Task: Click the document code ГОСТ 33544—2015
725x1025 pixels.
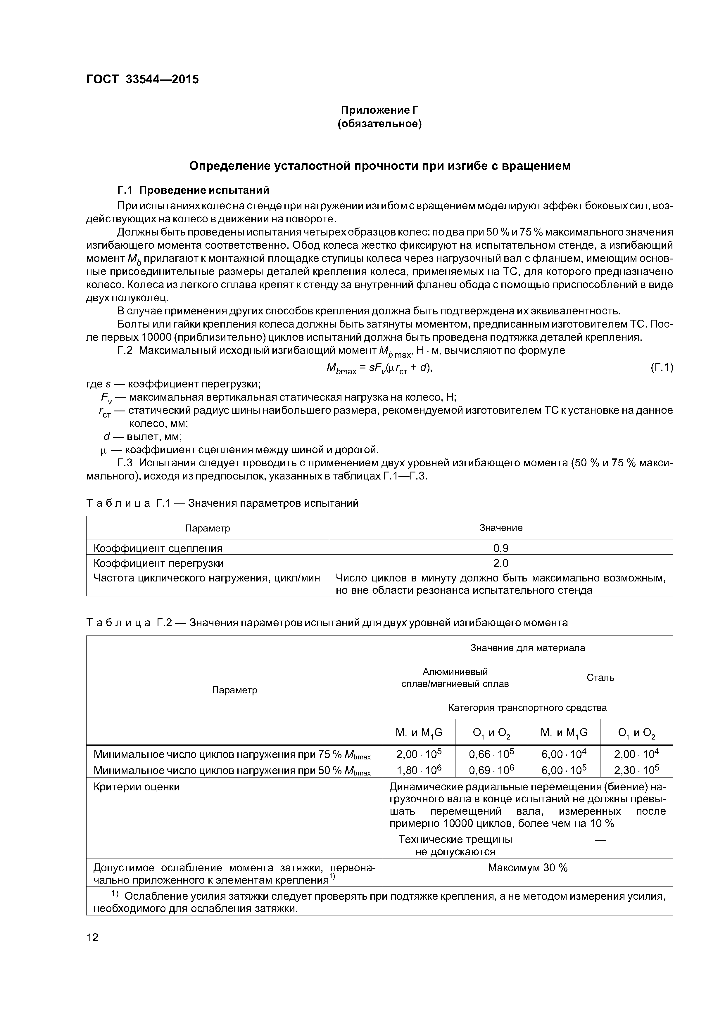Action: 142,79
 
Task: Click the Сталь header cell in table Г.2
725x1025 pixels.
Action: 600,677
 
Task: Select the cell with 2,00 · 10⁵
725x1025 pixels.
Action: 419,754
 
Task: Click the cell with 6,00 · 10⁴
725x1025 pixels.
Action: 563,754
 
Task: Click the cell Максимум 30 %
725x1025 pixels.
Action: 528,868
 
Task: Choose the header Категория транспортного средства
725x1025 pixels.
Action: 528,708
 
